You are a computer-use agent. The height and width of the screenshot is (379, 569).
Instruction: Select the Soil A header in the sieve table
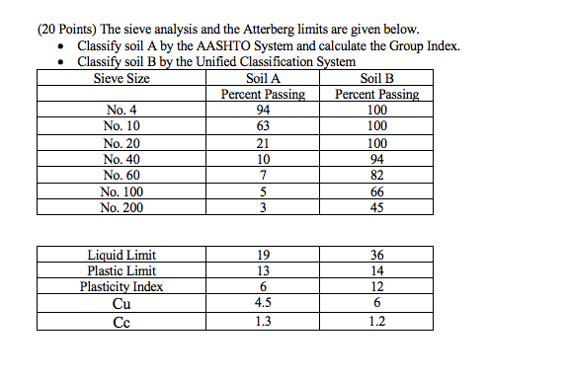261,79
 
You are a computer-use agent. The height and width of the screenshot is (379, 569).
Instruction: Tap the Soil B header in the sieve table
377,79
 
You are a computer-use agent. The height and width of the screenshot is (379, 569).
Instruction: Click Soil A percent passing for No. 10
262,126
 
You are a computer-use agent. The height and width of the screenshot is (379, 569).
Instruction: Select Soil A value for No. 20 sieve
262,143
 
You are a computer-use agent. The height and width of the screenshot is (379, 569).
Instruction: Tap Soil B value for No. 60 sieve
376,175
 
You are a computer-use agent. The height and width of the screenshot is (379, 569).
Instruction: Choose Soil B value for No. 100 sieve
376,191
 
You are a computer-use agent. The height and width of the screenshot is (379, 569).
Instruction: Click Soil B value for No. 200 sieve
376,207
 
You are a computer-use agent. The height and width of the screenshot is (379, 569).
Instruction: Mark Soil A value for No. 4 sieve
262,111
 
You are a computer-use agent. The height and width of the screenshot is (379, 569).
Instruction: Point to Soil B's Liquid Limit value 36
376,256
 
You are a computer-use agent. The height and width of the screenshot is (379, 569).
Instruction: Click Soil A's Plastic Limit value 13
262,271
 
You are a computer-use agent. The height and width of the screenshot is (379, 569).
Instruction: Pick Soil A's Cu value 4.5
262,303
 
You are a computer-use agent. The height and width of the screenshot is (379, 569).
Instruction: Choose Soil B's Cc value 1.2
376,320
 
